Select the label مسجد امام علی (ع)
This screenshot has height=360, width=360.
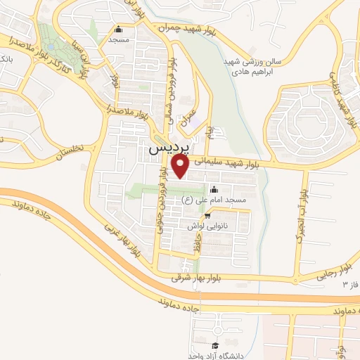coord(214,201)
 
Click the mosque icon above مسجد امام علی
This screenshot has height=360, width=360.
coord(214,190)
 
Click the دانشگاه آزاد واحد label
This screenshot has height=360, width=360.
coord(214,356)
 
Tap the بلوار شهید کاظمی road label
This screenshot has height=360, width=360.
coord(349,106)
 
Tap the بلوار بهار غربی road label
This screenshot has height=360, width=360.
coord(120,238)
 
